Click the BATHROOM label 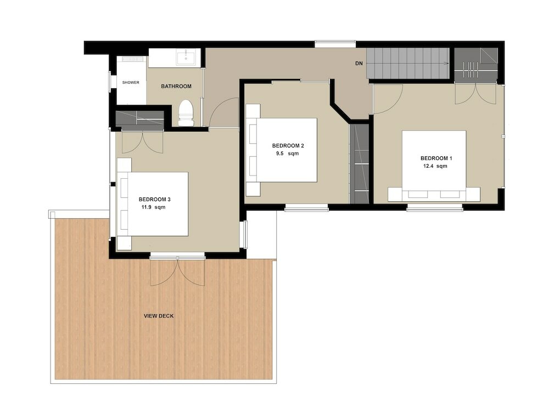coord(176,87)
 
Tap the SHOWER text coord(131,83)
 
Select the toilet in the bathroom coord(186,112)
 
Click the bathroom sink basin coord(188,56)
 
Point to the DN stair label coord(359,64)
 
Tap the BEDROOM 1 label coord(436,159)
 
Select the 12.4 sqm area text coord(435,167)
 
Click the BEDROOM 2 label coord(288,146)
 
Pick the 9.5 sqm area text coord(288,154)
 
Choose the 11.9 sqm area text coord(153,208)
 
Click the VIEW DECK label coord(159,316)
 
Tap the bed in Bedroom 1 coord(434,165)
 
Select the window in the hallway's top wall coord(335,44)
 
